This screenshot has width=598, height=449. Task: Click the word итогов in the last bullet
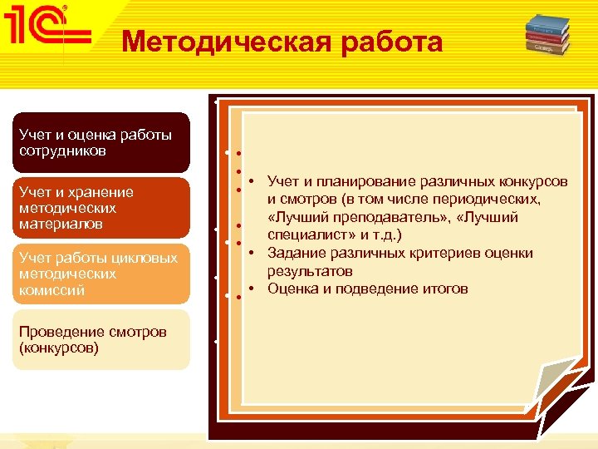[444, 289]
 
